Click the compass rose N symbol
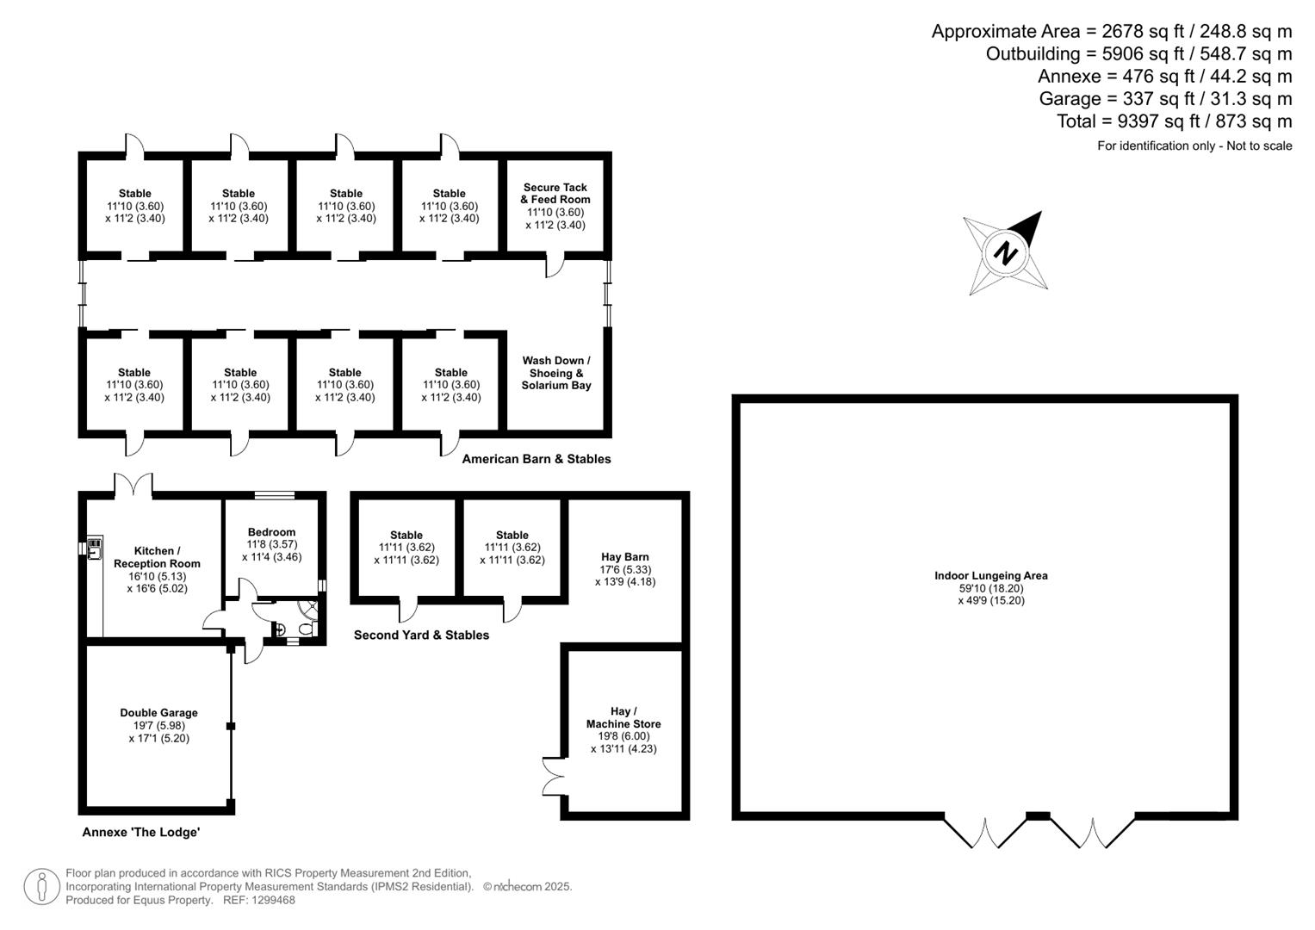pos(1006,254)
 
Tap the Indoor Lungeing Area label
pos(991,576)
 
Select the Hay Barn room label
pos(625,557)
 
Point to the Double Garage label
pos(158,713)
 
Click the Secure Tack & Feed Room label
pos(555,193)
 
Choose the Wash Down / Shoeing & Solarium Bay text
pos(556,373)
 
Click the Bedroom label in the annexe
pos(271,532)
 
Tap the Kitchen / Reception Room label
pos(158,557)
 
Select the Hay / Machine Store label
pos(623,717)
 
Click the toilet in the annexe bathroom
pos(305,629)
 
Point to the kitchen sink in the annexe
pos(95,549)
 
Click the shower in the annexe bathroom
pos(309,610)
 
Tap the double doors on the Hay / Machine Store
pos(554,776)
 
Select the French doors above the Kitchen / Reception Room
pos(133,486)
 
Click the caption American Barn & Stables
pos(537,459)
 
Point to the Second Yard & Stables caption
pos(421,635)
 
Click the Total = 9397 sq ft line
pos(1174,121)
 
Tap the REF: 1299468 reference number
pos(259,900)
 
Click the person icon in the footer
pos(41,887)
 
